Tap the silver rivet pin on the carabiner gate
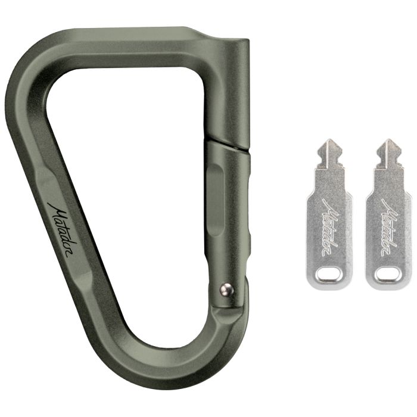coord(226,290)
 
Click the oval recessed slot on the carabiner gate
coord(216,200)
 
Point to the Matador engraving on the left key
coord(331,227)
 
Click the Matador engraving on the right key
coord(389,227)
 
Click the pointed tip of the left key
coord(330,139)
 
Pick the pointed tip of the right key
coord(388,139)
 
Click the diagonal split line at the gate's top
coord(228,145)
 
